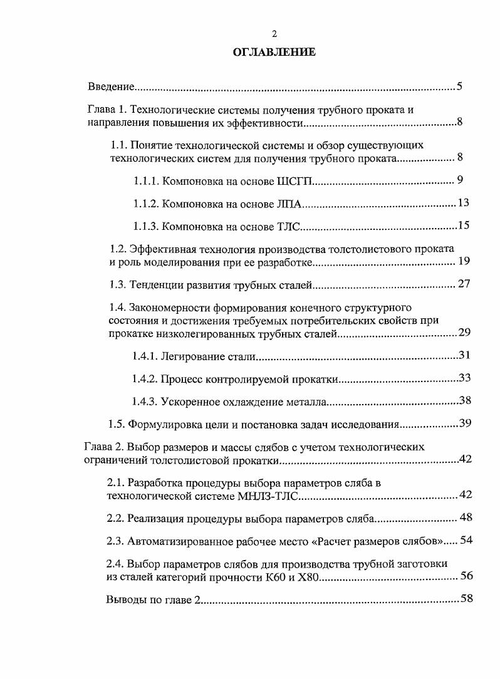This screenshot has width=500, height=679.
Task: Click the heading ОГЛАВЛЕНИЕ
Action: (274, 53)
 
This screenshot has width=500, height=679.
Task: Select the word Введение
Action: (111, 86)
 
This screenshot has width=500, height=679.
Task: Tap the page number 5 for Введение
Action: (459, 86)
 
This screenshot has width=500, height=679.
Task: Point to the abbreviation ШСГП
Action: (294, 182)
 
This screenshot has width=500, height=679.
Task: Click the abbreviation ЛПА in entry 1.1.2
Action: (289, 204)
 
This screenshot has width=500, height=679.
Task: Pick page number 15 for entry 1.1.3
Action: (464, 225)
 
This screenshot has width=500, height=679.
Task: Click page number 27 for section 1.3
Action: (464, 285)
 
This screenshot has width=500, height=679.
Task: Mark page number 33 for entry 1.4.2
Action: (464, 378)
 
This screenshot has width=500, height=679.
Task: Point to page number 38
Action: (464, 400)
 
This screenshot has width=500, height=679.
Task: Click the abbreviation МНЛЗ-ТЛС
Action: (268, 496)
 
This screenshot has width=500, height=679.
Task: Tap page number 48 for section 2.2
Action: (466, 517)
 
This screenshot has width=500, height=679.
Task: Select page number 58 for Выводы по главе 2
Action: (466, 598)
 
